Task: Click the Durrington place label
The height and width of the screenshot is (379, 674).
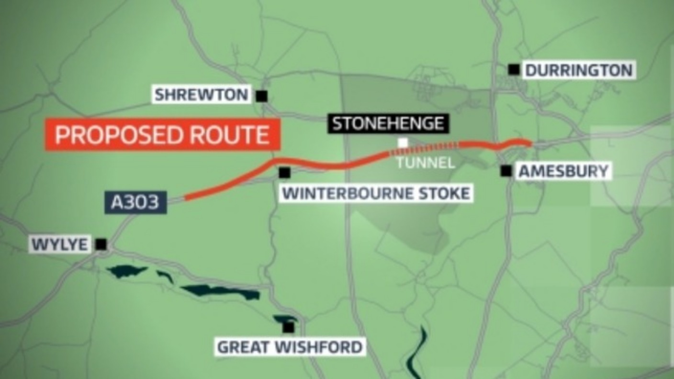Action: pyautogui.click(x=579, y=70)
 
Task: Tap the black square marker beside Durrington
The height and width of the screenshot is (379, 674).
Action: pyautogui.click(x=514, y=70)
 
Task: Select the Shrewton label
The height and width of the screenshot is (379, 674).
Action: pyautogui.click(x=202, y=94)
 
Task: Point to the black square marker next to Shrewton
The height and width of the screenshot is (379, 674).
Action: pyautogui.click(x=261, y=96)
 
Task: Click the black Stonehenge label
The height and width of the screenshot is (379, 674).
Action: pyautogui.click(x=388, y=124)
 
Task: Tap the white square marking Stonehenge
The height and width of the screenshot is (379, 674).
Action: pyautogui.click(x=403, y=142)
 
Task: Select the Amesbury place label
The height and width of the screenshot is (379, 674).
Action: pyautogui.click(x=563, y=171)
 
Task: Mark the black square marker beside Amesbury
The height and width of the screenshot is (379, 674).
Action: pyautogui.click(x=506, y=171)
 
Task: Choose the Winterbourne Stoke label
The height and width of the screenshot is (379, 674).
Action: pyautogui.click(x=376, y=194)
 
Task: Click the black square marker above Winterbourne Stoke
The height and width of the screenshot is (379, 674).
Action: pyautogui.click(x=284, y=172)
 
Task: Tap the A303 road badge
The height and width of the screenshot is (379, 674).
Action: pyautogui.click(x=135, y=202)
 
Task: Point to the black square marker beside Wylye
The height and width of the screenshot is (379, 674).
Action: pyautogui.click(x=101, y=244)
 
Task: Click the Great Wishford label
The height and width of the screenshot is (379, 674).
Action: pyautogui.click(x=290, y=346)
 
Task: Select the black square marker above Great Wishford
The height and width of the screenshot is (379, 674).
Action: pyautogui.click(x=288, y=327)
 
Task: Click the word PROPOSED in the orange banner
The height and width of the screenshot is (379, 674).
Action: pyautogui.click(x=119, y=135)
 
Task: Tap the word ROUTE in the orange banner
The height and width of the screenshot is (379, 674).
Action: pyautogui.click(x=229, y=135)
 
